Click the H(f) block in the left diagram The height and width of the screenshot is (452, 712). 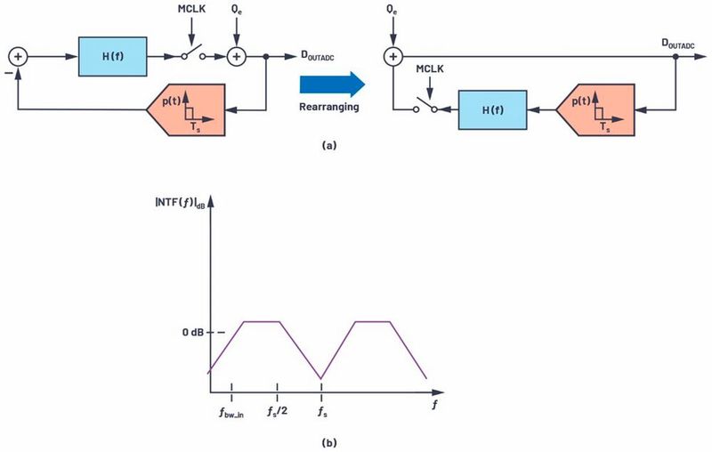tap(113, 57)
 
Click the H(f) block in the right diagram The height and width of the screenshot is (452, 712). tap(493, 109)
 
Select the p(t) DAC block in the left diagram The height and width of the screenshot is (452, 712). tap(186, 109)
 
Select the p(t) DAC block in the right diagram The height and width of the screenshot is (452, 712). tap(595, 109)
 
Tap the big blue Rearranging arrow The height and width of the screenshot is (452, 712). tap(332, 85)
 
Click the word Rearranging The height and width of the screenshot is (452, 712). tap(329, 107)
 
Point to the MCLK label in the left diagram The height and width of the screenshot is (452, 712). tap(191, 9)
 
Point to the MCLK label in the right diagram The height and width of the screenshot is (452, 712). tap(430, 69)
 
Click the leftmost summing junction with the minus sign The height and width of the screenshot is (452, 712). tap(18, 57)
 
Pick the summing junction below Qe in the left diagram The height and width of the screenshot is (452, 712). tap(236, 57)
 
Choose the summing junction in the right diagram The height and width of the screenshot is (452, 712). tap(393, 57)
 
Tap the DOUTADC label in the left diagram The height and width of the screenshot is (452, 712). tap(318, 55)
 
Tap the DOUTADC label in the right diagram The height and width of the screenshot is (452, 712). tap(678, 44)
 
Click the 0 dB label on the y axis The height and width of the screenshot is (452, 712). tap(193, 333)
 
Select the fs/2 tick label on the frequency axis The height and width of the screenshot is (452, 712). tap(278, 412)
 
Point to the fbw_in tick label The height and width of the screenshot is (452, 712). tap(231, 413)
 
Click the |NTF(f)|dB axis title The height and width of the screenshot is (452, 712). tap(181, 201)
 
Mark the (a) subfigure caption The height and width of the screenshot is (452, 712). tap(329, 145)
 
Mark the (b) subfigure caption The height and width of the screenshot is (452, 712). tap(329, 442)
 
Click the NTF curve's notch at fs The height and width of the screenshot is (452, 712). tap(321, 378)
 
